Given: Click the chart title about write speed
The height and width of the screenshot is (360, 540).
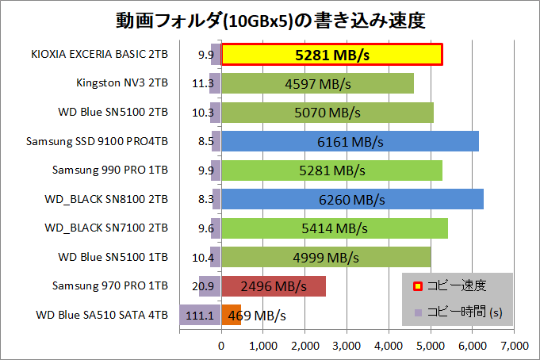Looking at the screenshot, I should [x=270, y=19].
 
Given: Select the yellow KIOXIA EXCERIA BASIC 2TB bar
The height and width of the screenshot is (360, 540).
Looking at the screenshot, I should [x=331, y=55].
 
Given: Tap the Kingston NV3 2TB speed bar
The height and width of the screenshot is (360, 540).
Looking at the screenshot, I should [x=317, y=83].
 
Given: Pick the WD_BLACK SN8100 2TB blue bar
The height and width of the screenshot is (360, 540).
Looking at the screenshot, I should [x=352, y=199].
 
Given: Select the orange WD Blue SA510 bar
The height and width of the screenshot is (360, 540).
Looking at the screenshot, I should [x=231, y=315].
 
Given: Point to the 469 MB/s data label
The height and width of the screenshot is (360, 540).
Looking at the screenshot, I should [x=257, y=315].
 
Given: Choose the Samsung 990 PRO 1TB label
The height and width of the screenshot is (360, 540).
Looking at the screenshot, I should [x=109, y=170].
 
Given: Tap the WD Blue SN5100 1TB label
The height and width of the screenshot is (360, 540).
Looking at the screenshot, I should [x=113, y=257].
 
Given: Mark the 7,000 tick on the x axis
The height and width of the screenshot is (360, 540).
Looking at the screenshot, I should [x=514, y=345].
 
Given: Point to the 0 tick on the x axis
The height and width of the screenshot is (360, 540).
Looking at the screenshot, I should [x=221, y=345].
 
